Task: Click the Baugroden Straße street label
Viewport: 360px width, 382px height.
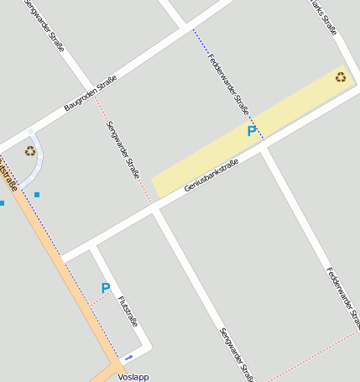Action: click(x=90, y=93)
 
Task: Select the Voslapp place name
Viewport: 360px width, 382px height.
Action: click(x=133, y=377)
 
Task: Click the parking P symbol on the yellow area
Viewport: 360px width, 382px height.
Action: click(x=252, y=131)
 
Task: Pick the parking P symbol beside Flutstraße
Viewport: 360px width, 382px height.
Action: click(x=106, y=288)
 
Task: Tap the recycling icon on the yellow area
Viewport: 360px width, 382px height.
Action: click(x=341, y=77)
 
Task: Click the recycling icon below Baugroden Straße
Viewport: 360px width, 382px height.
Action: click(x=30, y=151)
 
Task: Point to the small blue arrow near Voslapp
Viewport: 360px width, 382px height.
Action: click(x=128, y=358)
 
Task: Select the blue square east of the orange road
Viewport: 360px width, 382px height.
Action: click(x=37, y=195)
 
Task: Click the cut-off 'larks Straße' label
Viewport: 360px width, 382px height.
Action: click(x=323, y=17)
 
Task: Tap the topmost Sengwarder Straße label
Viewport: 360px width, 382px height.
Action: click(x=44, y=26)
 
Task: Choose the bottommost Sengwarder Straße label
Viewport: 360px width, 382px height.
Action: click(x=234, y=353)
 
